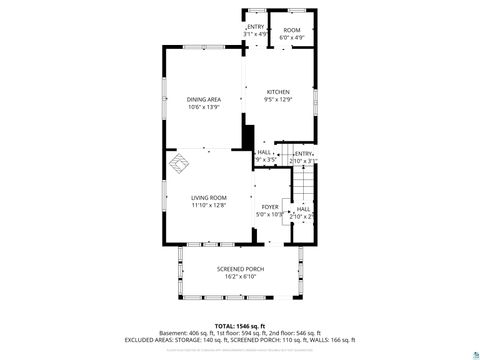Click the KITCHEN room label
point(277,92)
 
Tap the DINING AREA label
point(204,99)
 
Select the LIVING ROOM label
point(209,198)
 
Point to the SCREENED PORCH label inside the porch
point(239,269)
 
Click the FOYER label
point(270,206)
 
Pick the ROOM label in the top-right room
point(291,30)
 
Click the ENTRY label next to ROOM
point(256,27)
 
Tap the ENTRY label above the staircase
point(303,153)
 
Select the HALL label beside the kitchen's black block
point(264,152)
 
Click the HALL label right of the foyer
point(303,209)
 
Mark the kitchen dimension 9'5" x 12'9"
point(277,100)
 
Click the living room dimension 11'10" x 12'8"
point(209,205)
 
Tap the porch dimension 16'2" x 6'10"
point(239,276)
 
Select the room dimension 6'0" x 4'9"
point(291,38)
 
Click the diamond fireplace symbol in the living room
point(177,160)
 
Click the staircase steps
point(303,184)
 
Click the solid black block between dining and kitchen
point(249,137)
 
